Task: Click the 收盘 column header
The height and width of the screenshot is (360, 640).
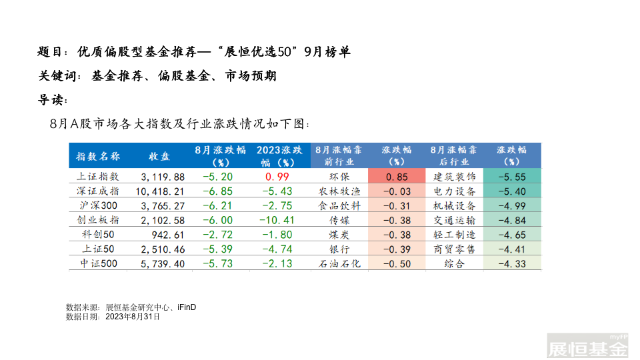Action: pos(159,157)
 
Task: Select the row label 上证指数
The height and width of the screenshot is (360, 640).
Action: pos(98,177)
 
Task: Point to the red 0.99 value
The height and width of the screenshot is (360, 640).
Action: pos(277,177)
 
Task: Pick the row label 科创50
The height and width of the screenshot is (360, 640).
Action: pos(98,235)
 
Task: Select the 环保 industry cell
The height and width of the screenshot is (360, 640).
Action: pos(340,177)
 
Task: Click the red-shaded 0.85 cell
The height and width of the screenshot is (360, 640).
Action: pos(397,177)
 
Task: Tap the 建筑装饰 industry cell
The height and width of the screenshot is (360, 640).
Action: pos(454,177)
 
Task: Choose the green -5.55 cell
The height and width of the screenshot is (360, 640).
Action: pos(512,177)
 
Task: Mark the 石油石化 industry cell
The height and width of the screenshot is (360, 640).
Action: pos(340,263)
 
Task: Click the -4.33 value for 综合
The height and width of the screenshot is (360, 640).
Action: pos(512,263)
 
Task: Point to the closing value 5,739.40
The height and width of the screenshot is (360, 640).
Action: pos(163,263)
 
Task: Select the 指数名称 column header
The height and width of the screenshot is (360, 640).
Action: pos(98,157)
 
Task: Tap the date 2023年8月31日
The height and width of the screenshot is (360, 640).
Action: pos(133,317)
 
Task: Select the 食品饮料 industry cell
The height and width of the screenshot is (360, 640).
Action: pos(340,205)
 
